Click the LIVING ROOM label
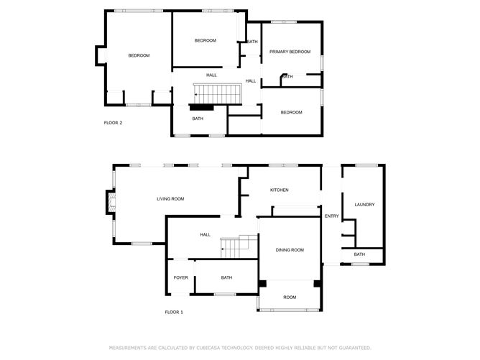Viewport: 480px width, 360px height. click(x=171, y=198)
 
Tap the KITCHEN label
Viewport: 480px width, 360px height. click(x=279, y=190)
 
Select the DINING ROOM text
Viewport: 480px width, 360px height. click(x=290, y=249)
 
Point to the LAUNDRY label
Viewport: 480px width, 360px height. click(x=364, y=205)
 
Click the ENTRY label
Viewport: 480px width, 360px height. click(x=331, y=216)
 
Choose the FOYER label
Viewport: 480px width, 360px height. click(x=180, y=277)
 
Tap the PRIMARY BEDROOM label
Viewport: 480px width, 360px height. click(x=290, y=52)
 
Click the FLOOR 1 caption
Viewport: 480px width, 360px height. click(x=174, y=312)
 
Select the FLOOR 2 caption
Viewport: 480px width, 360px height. click(x=113, y=123)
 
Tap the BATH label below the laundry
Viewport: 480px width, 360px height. click(x=359, y=254)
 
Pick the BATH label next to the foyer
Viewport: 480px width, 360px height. click(x=226, y=277)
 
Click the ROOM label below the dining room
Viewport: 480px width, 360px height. click(x=290, y=297)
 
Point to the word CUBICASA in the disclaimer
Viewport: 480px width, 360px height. click(x=214, y=348)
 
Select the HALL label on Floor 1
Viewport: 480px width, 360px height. click(x=205, y=234)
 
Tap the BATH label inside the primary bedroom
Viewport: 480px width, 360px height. click(x=287, y=77)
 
